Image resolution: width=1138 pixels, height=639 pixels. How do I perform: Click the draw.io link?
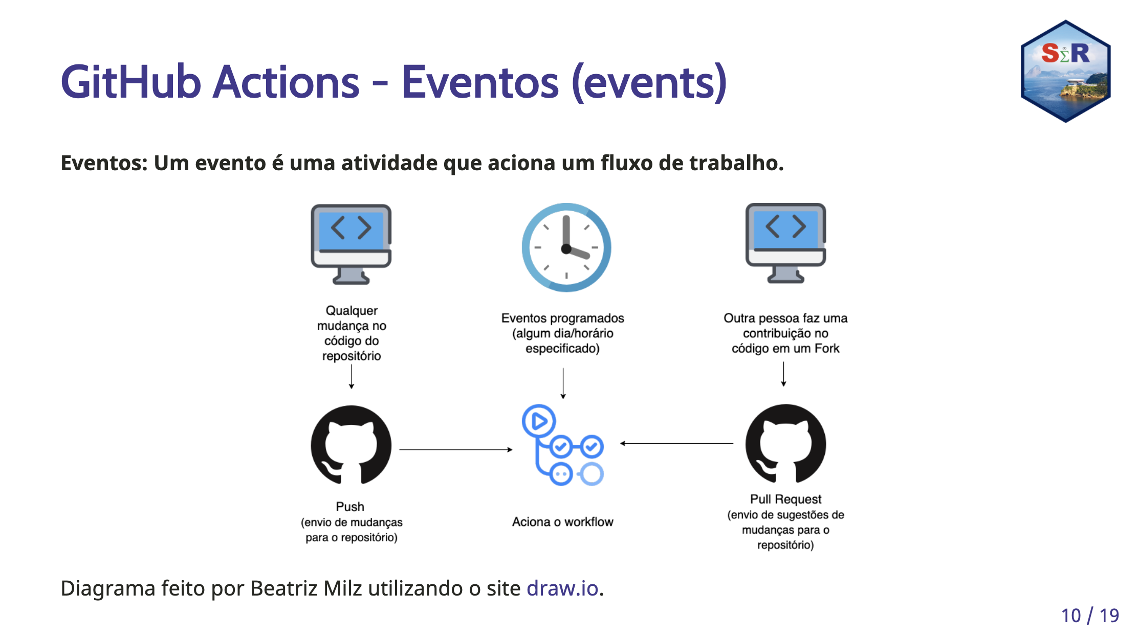(562, 588)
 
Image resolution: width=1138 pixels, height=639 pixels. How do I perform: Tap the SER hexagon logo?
(1065, 71)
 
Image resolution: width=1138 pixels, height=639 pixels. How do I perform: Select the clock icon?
(566, 247)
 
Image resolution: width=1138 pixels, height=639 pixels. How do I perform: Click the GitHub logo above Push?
(351, 445)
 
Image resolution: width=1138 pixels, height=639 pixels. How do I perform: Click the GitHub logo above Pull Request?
(785, 444)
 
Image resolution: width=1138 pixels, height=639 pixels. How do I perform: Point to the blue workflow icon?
(563, 445)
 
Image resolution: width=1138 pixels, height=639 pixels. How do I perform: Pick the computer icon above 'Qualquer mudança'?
(351, 244)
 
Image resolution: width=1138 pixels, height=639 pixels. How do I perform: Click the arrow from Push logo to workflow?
(456, 450)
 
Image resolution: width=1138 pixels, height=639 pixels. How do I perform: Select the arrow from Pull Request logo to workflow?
(676, 443)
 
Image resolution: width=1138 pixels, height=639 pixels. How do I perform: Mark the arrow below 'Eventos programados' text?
(563, 383)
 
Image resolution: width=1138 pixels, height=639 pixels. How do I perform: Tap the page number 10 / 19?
(1090, 615)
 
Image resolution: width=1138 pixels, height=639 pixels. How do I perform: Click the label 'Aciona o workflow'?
(562, 522)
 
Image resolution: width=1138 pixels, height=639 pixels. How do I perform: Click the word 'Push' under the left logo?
(350, 507)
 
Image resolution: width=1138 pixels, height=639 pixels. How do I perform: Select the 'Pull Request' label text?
(785, 499)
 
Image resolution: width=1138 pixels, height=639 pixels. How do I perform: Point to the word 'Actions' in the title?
(286, 82)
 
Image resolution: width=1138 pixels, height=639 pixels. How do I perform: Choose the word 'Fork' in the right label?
(827, 349)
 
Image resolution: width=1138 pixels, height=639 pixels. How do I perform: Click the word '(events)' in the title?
(649, 82)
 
